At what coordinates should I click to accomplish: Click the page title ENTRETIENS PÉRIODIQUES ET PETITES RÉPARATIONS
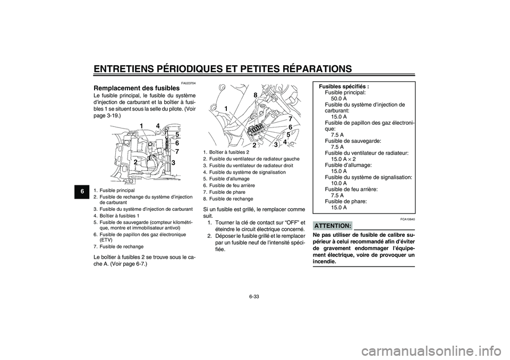[x=222, y=68]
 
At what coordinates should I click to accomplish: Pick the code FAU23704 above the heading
[x=188, y=82]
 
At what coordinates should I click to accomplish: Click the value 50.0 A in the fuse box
[x=338, y=98]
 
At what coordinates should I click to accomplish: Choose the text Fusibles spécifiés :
[x=344, y=86]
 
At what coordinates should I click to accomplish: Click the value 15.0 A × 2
[x=343, y=159]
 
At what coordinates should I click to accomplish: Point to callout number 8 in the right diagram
[x=255, y=95]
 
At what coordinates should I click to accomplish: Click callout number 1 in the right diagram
[x=226, y=108]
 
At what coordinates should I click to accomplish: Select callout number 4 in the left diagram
[x=158, y=125]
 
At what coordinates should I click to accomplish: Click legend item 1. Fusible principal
[x=114, y=190]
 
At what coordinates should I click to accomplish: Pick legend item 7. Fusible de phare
[x=220, y=192]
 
